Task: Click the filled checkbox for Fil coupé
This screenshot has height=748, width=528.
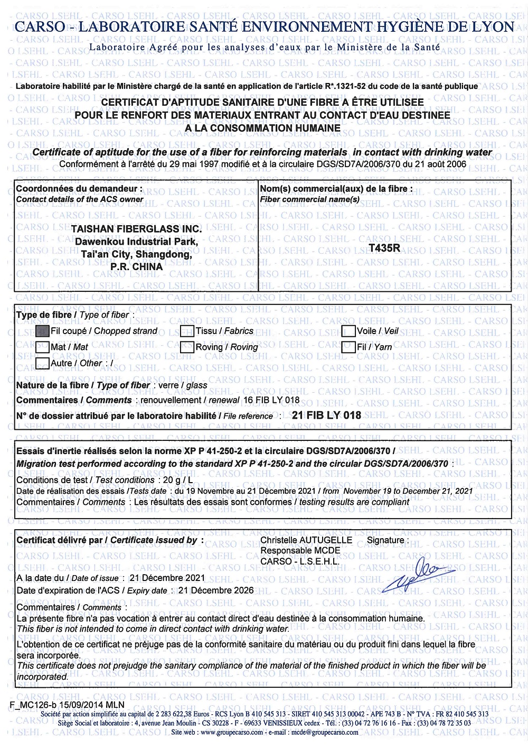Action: (42, 331)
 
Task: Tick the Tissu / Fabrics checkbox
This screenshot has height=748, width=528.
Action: (187, 331)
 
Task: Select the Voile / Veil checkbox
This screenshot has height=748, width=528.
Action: (348, 331)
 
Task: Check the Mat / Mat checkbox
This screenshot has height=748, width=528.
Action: (42, 347)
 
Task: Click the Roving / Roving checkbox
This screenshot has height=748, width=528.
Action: (187, 347)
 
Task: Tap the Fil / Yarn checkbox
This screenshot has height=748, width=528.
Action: (348, 347)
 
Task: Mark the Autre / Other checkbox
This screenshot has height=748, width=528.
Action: (42, 363)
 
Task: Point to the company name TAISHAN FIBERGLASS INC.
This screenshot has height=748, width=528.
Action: (136, 229)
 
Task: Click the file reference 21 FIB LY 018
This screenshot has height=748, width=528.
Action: (326, 415)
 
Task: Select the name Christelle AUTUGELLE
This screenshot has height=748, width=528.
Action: (306, 540)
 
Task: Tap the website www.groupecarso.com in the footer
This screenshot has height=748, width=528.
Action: (231, 732)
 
